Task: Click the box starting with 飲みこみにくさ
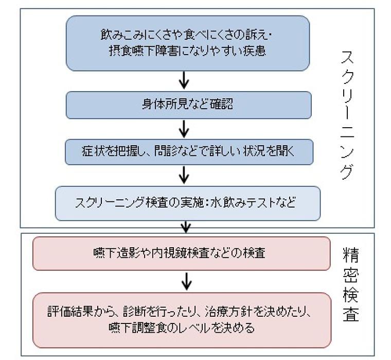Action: click(x=188, y=43)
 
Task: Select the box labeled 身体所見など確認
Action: click(x=188, y=105)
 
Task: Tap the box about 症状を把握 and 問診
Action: click(x=188, y=151)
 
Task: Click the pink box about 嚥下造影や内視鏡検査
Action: click(x=181, y=253)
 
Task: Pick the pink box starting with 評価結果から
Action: click(x=181, y=320)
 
